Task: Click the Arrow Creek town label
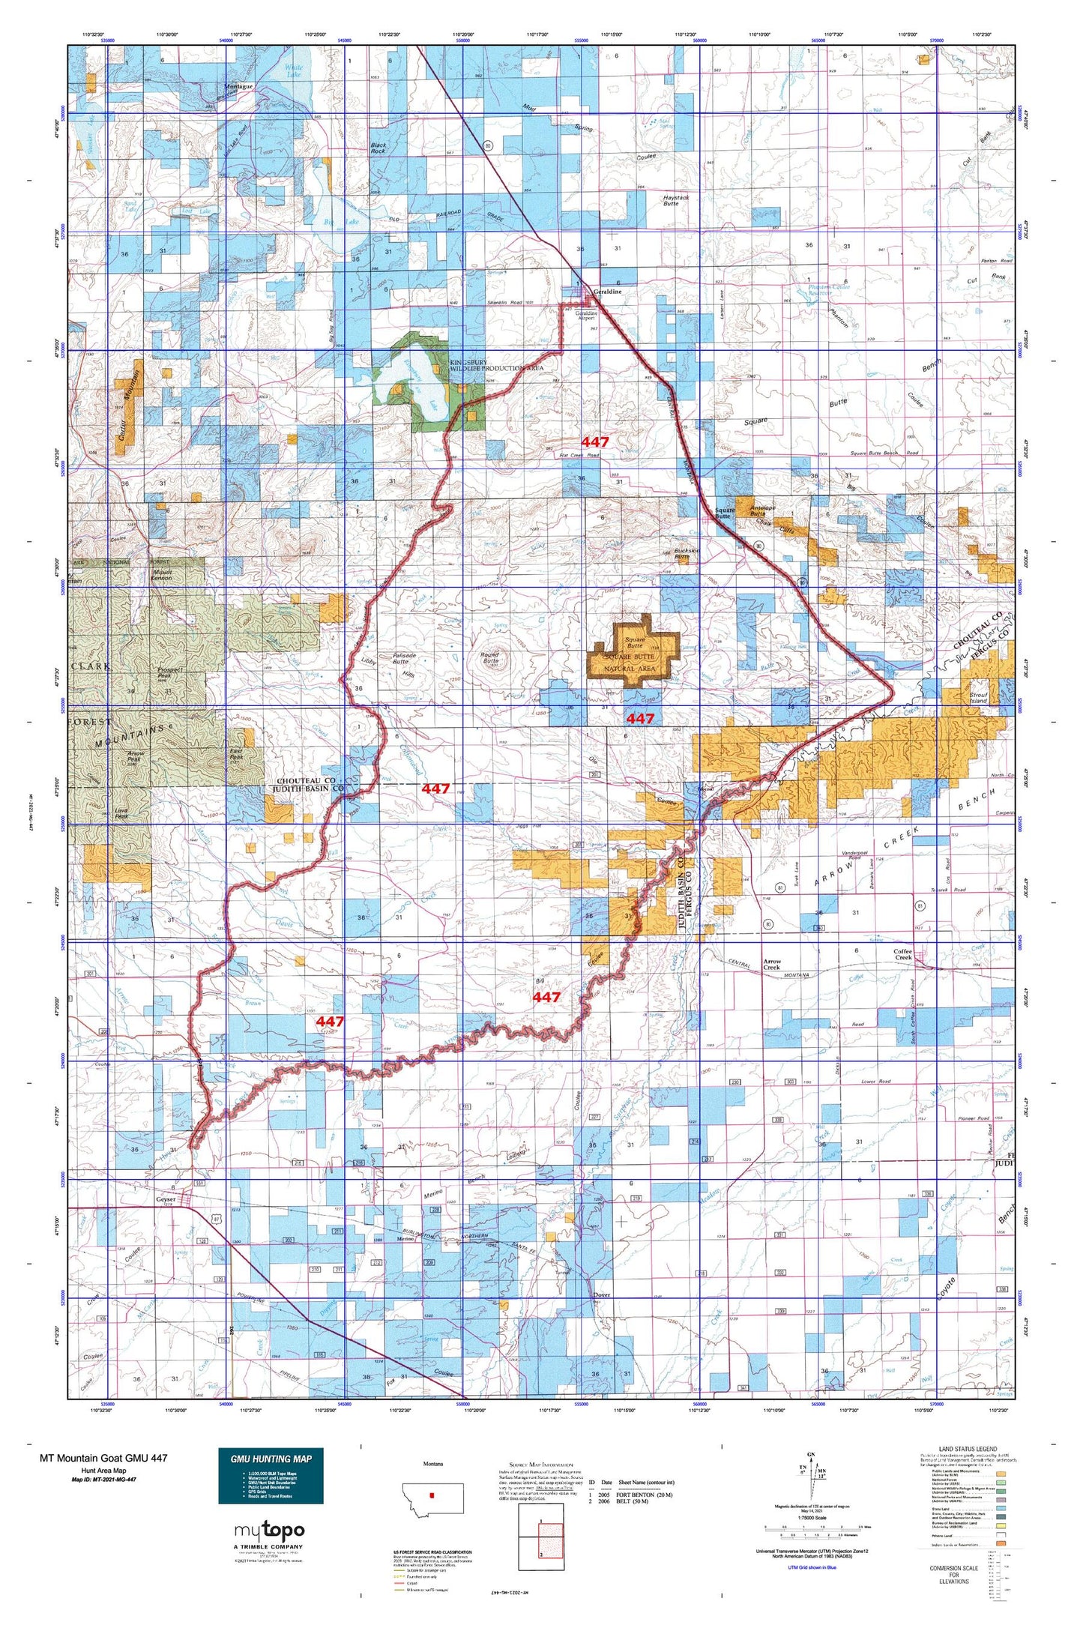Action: point(771,964)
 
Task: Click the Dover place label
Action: point(601,1294)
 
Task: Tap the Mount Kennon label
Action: point(161,576)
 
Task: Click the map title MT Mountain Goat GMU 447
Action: point(103,1458)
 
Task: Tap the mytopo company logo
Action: point(269,1531)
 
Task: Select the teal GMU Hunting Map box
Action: point(271,1475)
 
